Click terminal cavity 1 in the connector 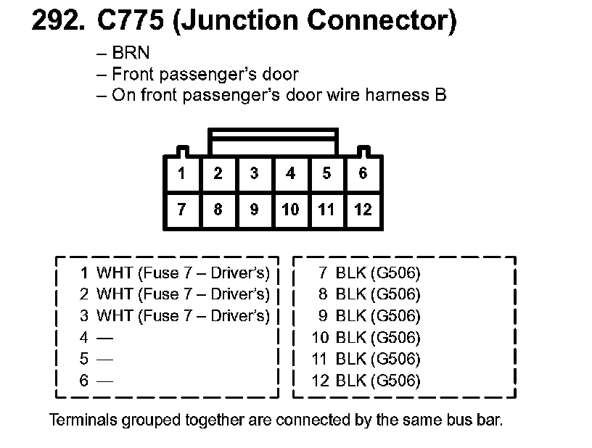[x=181, y=174]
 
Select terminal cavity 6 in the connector [x=363, y=174]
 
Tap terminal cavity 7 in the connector [x=181, y=210]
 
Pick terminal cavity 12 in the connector [x=363, y=210]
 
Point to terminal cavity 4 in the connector [x=290, y=174]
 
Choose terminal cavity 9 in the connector [x=254, y=210]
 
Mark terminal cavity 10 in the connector [x=290, y=210]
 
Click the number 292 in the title [x=57, y=21]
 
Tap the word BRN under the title [x=131, y=53]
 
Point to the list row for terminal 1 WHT [x=175, y=273]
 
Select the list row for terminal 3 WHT [x=175, y=316]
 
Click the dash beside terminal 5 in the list [x=105, y=359]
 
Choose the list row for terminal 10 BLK [x=366, y=338]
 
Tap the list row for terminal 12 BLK [x=366, y=381]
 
